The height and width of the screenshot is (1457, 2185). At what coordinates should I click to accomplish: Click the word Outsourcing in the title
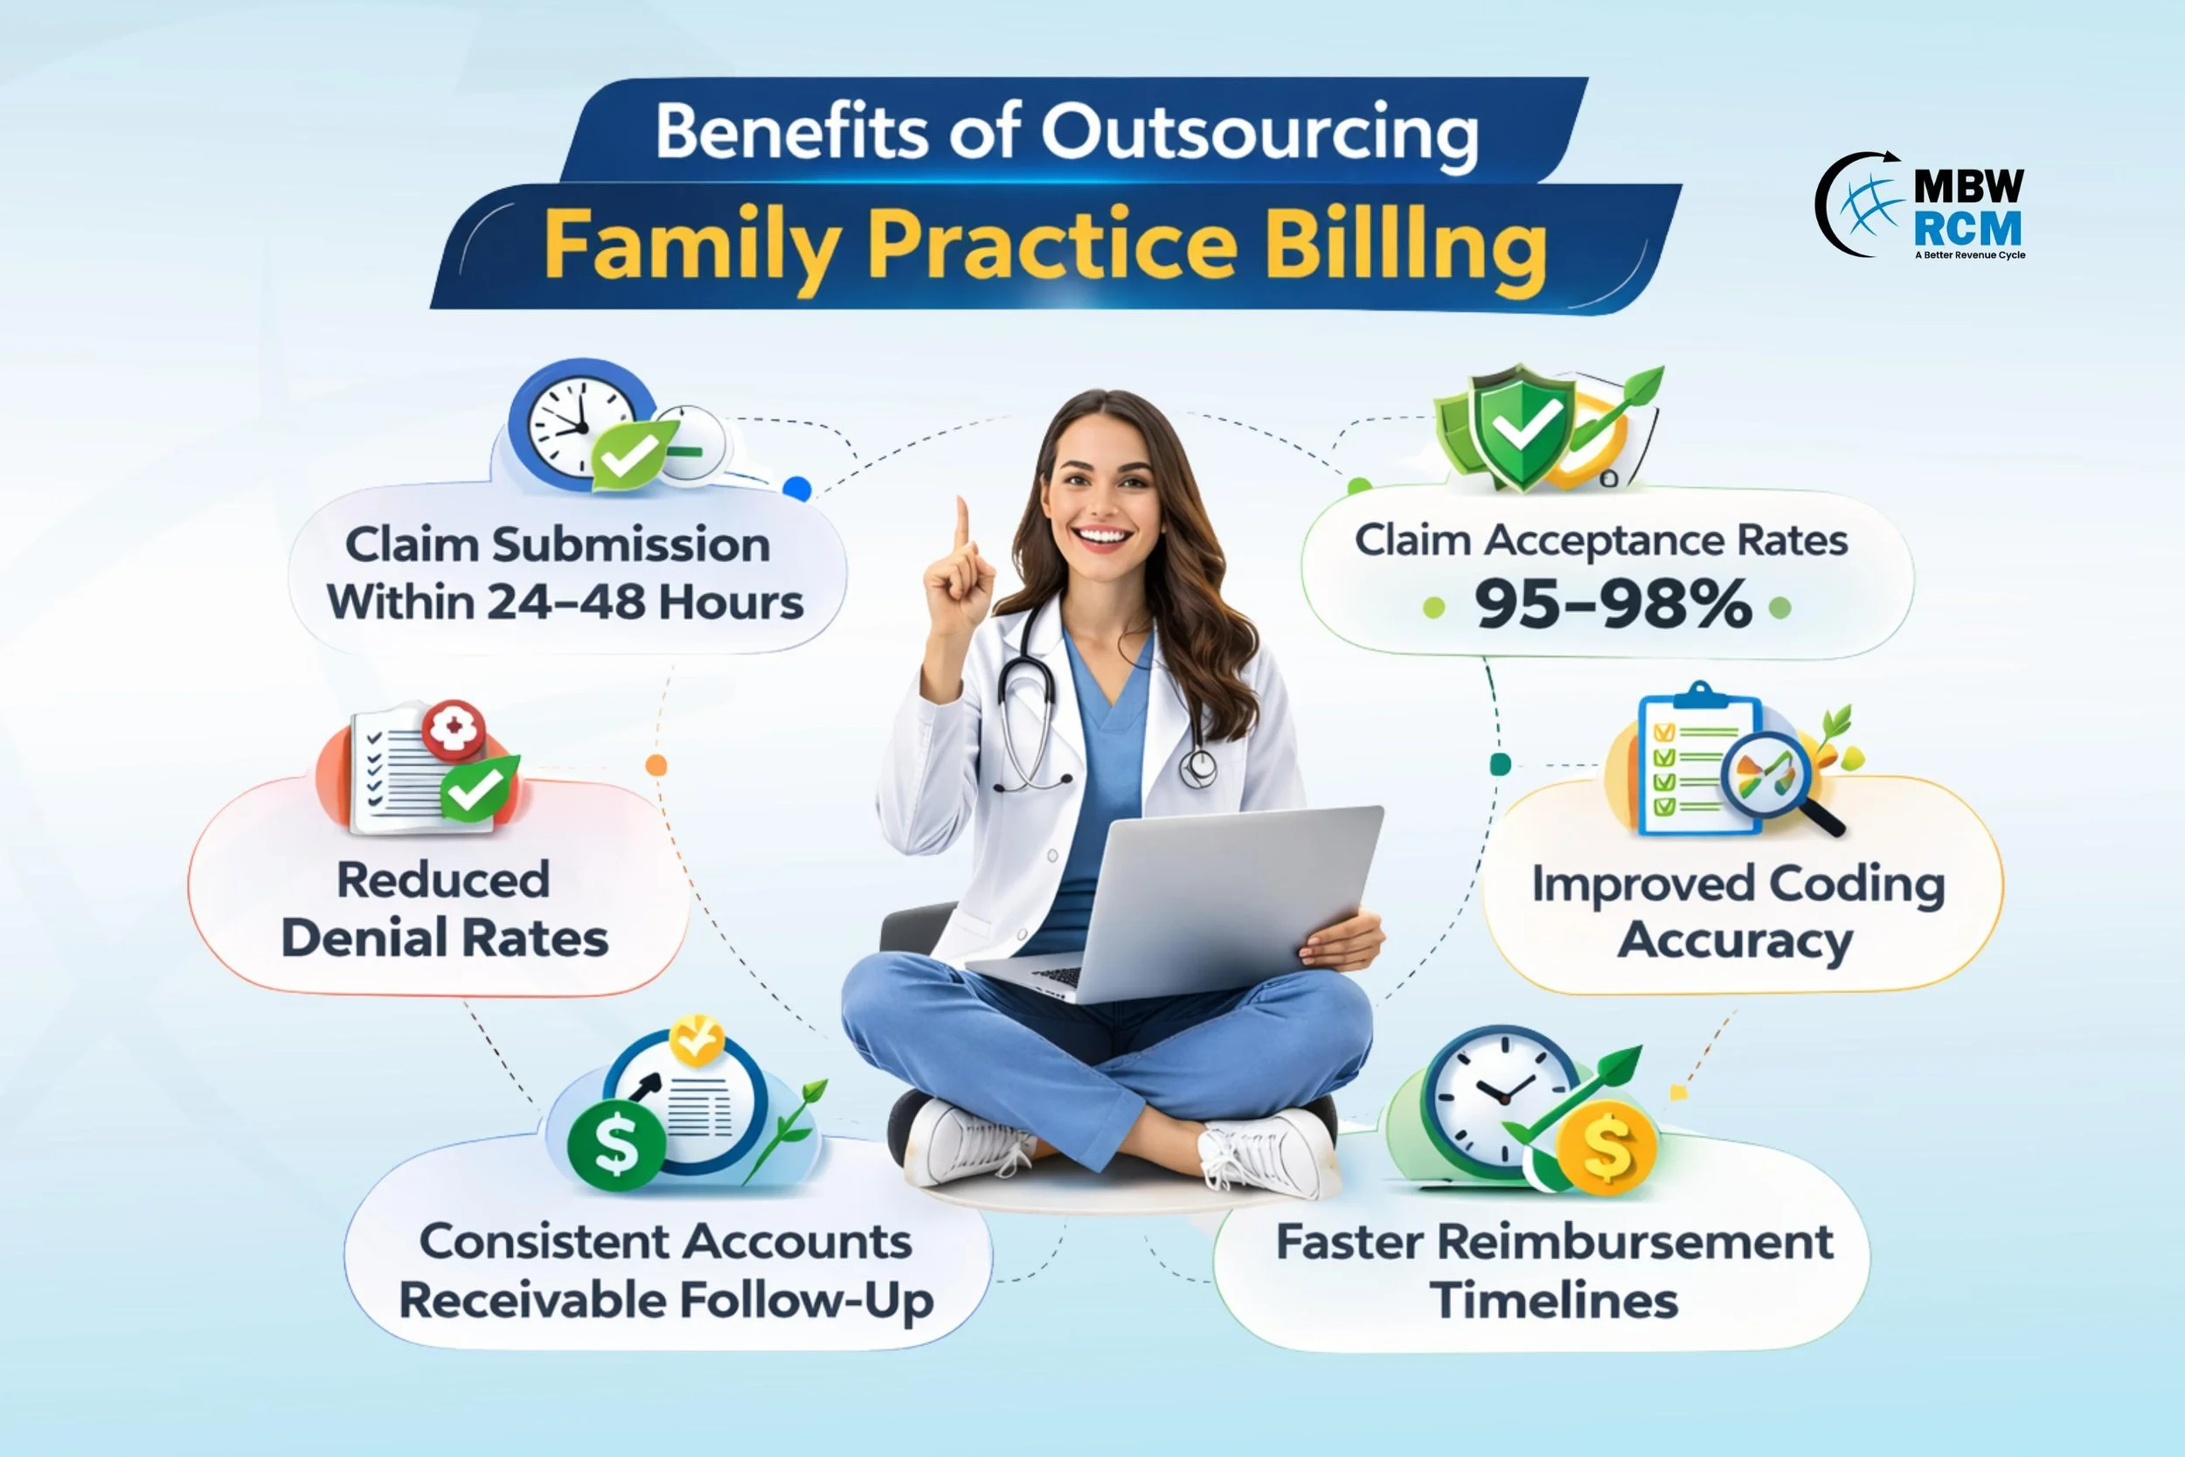pos(1259,133)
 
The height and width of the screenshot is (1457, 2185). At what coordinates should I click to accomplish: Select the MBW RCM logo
pos(1920,206)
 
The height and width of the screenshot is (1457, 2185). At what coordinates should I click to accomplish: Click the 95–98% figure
pos(1613,605)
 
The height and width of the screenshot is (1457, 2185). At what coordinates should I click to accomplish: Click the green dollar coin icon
pos(616,1145)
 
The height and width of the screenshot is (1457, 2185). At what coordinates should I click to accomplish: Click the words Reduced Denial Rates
pos(444,908)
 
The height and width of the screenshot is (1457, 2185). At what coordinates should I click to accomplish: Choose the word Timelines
pos(1554,1299)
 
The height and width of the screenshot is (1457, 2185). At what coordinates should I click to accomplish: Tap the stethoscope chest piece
pos(1198,768)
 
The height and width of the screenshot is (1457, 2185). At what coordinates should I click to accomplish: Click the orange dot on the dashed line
pos(655,765)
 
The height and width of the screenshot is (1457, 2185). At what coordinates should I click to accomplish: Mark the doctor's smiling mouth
pos(1103,537)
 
